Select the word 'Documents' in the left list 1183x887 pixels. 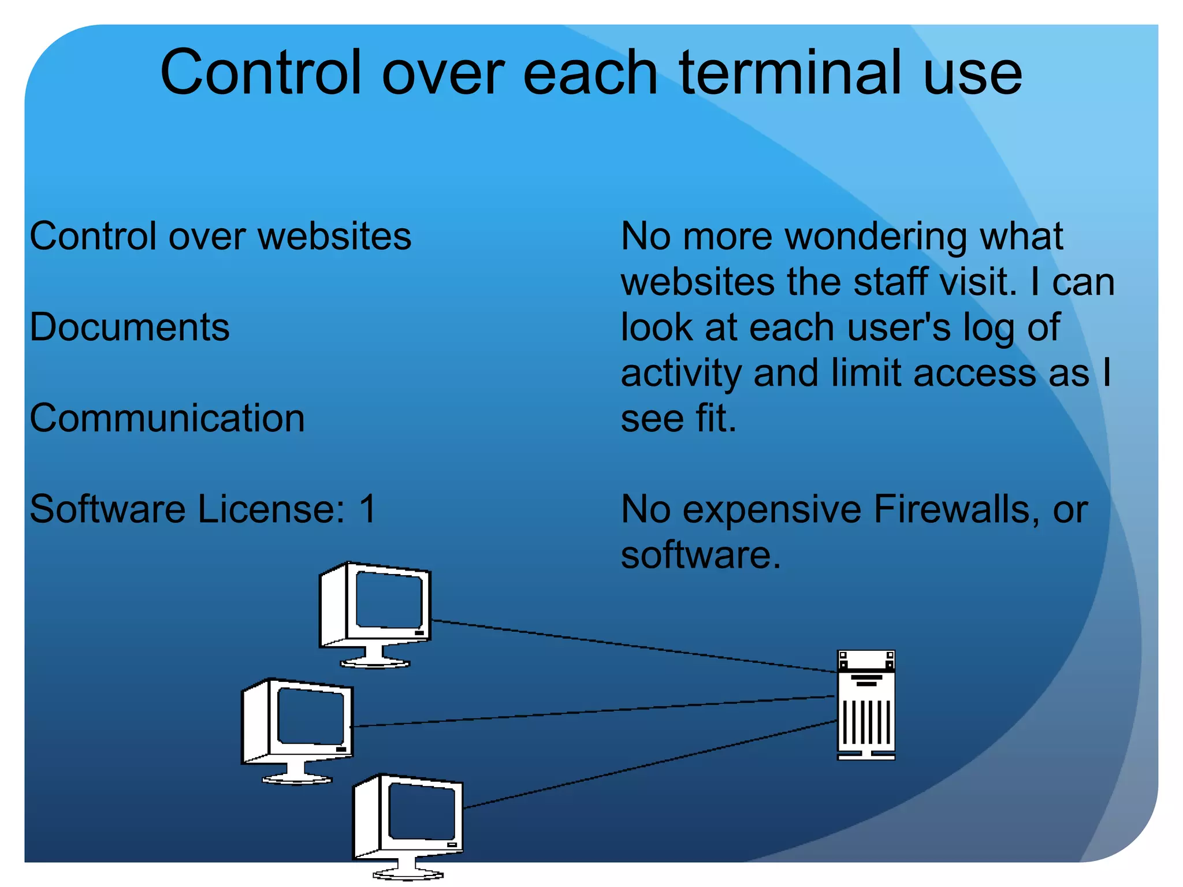coord(129,327)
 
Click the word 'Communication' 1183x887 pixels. coord(167,418)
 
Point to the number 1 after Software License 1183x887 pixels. coord(367,509)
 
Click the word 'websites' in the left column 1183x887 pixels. coord(334,237)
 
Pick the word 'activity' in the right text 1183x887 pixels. coord(681,374)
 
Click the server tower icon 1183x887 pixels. coord(865,705)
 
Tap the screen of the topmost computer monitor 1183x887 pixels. coord(388,599)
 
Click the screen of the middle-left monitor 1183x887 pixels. coord(310,716)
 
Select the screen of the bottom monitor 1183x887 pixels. coord(421,811)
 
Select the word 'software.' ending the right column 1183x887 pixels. coord(700,555)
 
